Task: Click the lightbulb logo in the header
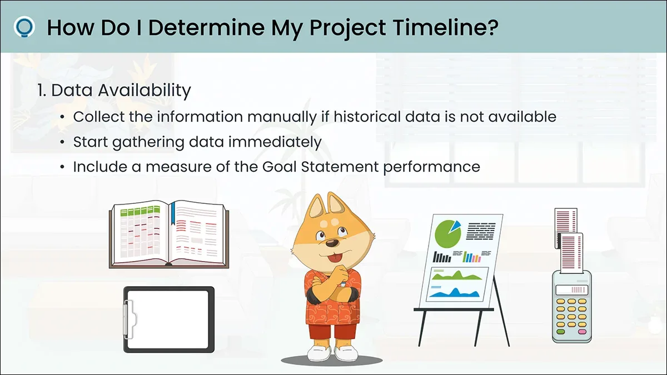[24, 27]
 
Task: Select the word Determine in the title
[207, 27]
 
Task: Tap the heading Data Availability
[114, 91]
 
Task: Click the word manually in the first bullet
[282, 117]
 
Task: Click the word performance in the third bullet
[431, 167]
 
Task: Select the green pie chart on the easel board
[447, 234]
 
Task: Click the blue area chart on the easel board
[455, 293]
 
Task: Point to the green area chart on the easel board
[457, 276]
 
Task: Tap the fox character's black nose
[332, 243]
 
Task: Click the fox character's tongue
[335, 257]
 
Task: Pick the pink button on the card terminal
[582, 332]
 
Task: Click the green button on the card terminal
[561, 332]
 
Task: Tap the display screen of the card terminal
[572, 289]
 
